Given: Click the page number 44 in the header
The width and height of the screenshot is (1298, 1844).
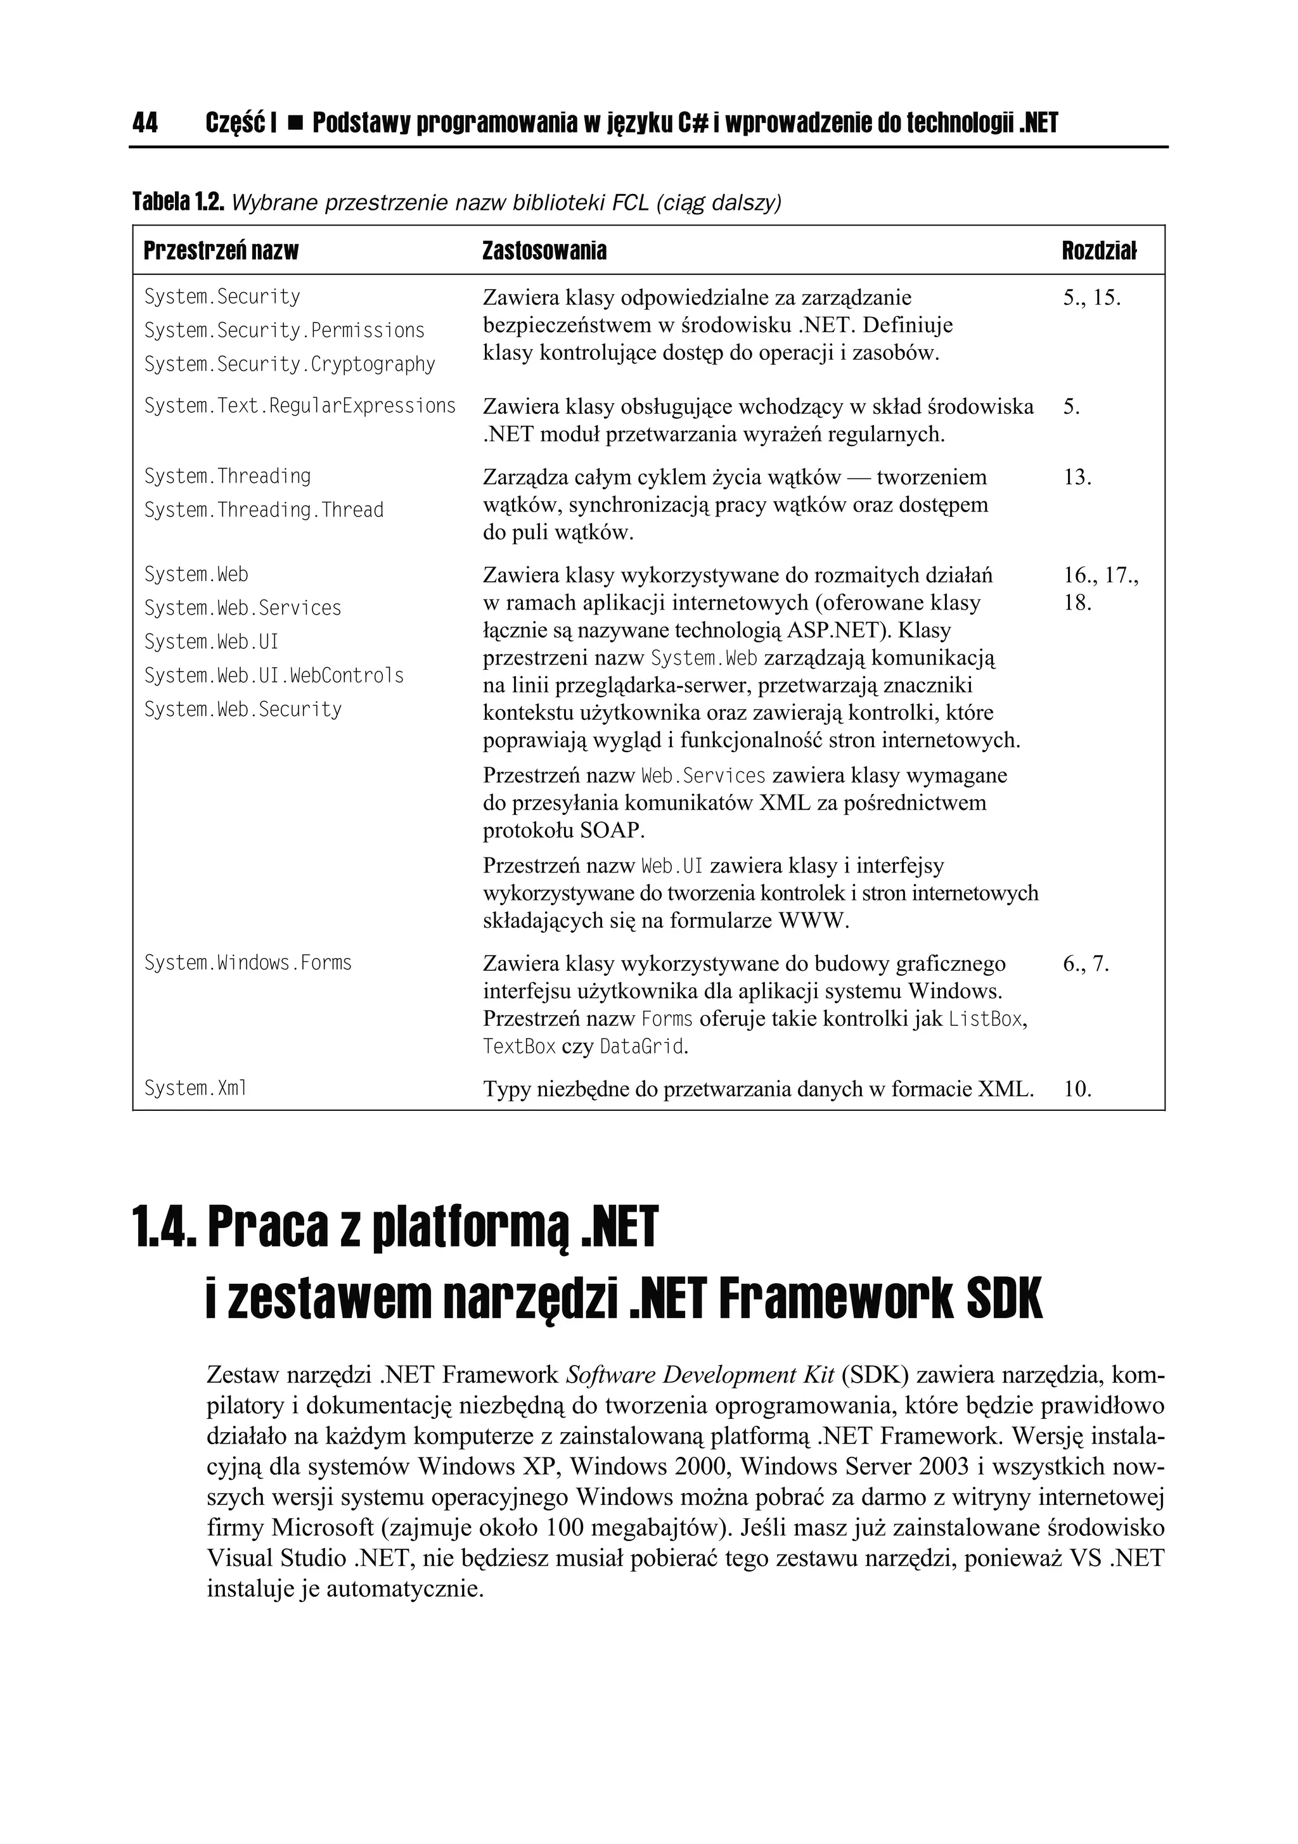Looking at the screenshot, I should coord(145,123).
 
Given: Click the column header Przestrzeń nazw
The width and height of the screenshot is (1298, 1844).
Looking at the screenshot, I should coord(221,252).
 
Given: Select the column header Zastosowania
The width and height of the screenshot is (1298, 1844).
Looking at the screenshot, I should coord(544,252).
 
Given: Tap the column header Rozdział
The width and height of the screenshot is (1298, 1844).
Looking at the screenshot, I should coord(1099,252).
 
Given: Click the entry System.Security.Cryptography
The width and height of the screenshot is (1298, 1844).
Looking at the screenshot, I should coord(289,364).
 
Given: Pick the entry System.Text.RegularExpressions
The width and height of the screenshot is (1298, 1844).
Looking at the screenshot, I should coord(300,406).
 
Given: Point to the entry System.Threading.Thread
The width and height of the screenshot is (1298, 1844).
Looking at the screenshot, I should coord(264,511).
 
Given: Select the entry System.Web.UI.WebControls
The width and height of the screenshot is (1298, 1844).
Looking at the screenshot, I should coord(274,676).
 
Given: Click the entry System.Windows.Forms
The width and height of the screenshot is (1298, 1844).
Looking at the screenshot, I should coord(247,963).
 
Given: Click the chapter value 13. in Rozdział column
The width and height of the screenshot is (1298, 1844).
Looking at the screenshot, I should coord(1077,478).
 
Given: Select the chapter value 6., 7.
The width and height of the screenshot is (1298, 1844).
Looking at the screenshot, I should coord(1086,964).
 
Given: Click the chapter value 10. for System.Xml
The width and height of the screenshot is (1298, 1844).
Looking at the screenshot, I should coord(1077,1090).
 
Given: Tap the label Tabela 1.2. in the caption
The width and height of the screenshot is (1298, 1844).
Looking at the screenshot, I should coord(177,203).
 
